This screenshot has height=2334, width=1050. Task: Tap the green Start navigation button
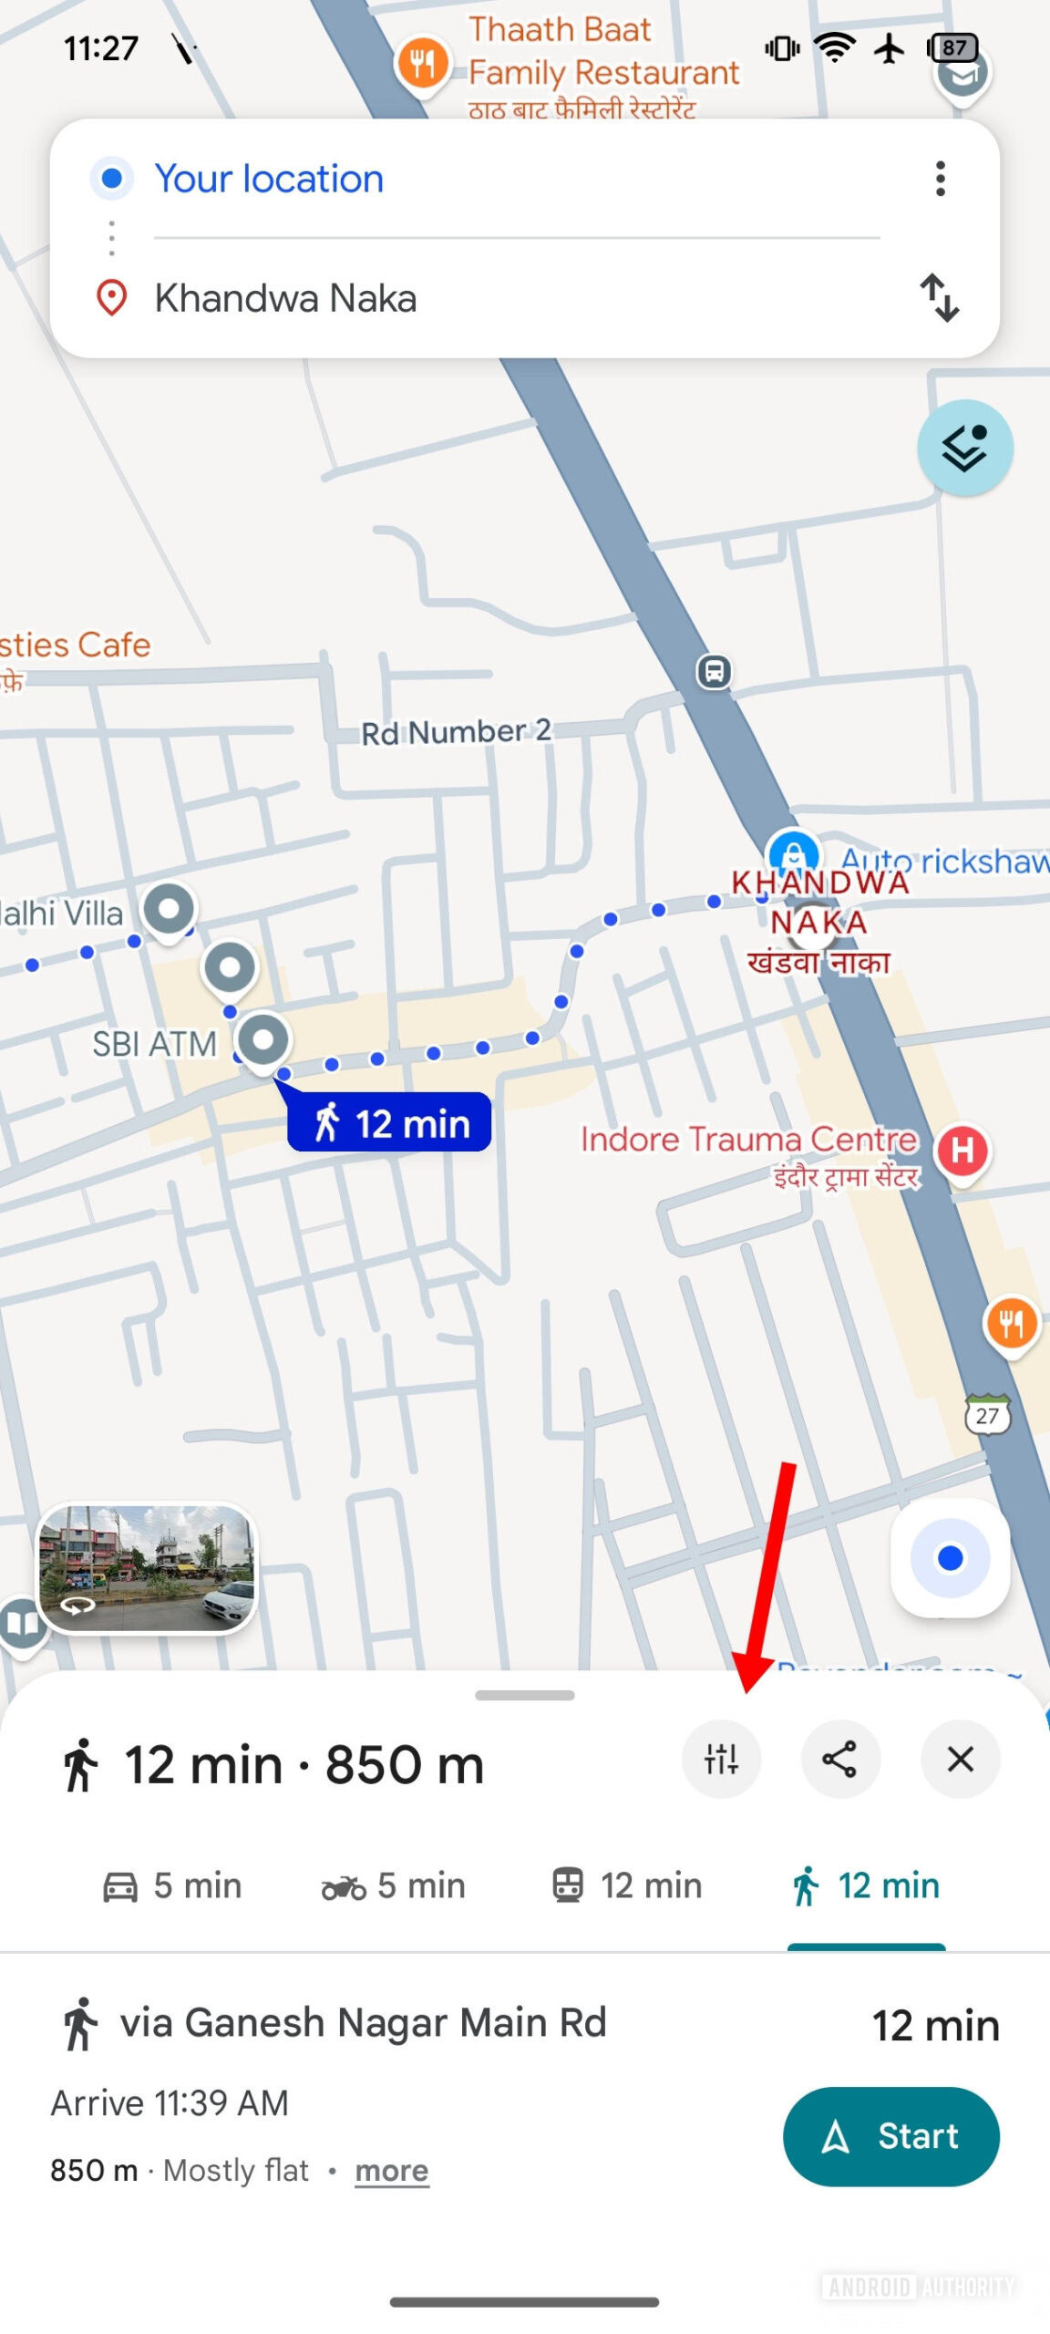[890, 2135]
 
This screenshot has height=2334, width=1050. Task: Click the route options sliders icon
[721, 1759]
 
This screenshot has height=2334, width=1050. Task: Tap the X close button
[960, 1759]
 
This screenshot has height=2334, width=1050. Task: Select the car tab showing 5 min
[172, 1885]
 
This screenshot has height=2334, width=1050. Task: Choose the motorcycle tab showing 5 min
[394, 1885]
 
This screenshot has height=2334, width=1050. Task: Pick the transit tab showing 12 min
[627, 1885]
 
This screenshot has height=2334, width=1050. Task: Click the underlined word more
[391, 2171]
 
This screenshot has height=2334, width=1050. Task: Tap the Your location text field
[269, 179]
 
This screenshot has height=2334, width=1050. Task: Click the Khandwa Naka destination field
[285, 298]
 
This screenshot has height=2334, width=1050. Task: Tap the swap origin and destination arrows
[939, 297]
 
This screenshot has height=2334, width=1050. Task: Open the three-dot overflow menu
[940, 179]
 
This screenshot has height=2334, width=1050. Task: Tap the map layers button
[964, 448]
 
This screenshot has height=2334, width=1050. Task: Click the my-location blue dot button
[950, 1557]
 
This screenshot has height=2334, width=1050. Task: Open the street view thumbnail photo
[147, 1568]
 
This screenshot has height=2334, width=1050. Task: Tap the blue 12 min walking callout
[390, 1122]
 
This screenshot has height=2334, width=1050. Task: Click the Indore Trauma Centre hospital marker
[962, 1151]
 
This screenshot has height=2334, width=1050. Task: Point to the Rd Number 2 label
[456, 731]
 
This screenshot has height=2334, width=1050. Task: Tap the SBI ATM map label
[155, 1044]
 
